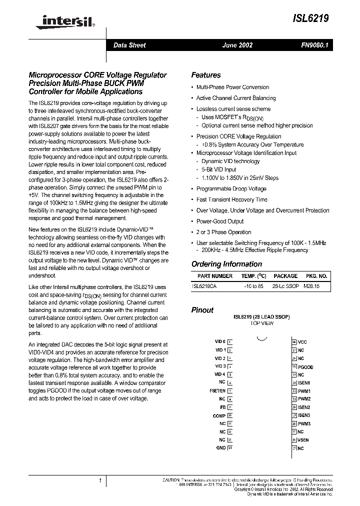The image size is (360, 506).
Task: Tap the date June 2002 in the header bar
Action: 237,45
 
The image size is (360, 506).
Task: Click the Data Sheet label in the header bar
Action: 129,45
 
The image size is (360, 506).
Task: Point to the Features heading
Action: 206,75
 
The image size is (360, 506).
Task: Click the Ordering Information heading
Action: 226,264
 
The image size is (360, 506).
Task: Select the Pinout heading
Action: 202,310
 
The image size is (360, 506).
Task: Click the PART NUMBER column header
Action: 215,276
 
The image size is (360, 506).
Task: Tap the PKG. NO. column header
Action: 316,276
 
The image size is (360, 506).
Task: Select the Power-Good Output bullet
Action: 220,221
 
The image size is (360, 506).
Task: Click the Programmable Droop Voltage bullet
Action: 231,188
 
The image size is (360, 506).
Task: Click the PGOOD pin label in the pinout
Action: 306,366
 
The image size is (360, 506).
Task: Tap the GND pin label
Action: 220,447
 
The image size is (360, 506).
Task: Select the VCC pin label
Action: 302,342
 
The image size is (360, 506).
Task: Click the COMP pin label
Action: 219,415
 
